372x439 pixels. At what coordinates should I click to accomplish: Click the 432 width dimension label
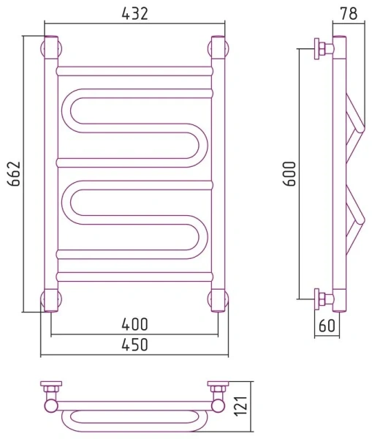[x=134, y=13]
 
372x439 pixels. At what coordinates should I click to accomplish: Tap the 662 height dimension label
[x=14, y=173]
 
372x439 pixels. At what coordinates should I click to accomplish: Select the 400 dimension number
[x=134, y=324]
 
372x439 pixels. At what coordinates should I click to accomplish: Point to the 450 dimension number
[x=134, y=345]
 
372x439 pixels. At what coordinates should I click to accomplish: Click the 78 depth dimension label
[x=349, y=13]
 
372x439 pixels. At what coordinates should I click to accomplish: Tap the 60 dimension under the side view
[x=327, y=326]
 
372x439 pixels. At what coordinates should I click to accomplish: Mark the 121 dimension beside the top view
[x=241, y=405]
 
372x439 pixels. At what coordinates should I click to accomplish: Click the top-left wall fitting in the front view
[x=51, y=48]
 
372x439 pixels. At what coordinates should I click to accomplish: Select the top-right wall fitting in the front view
[x=219, y=48]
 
